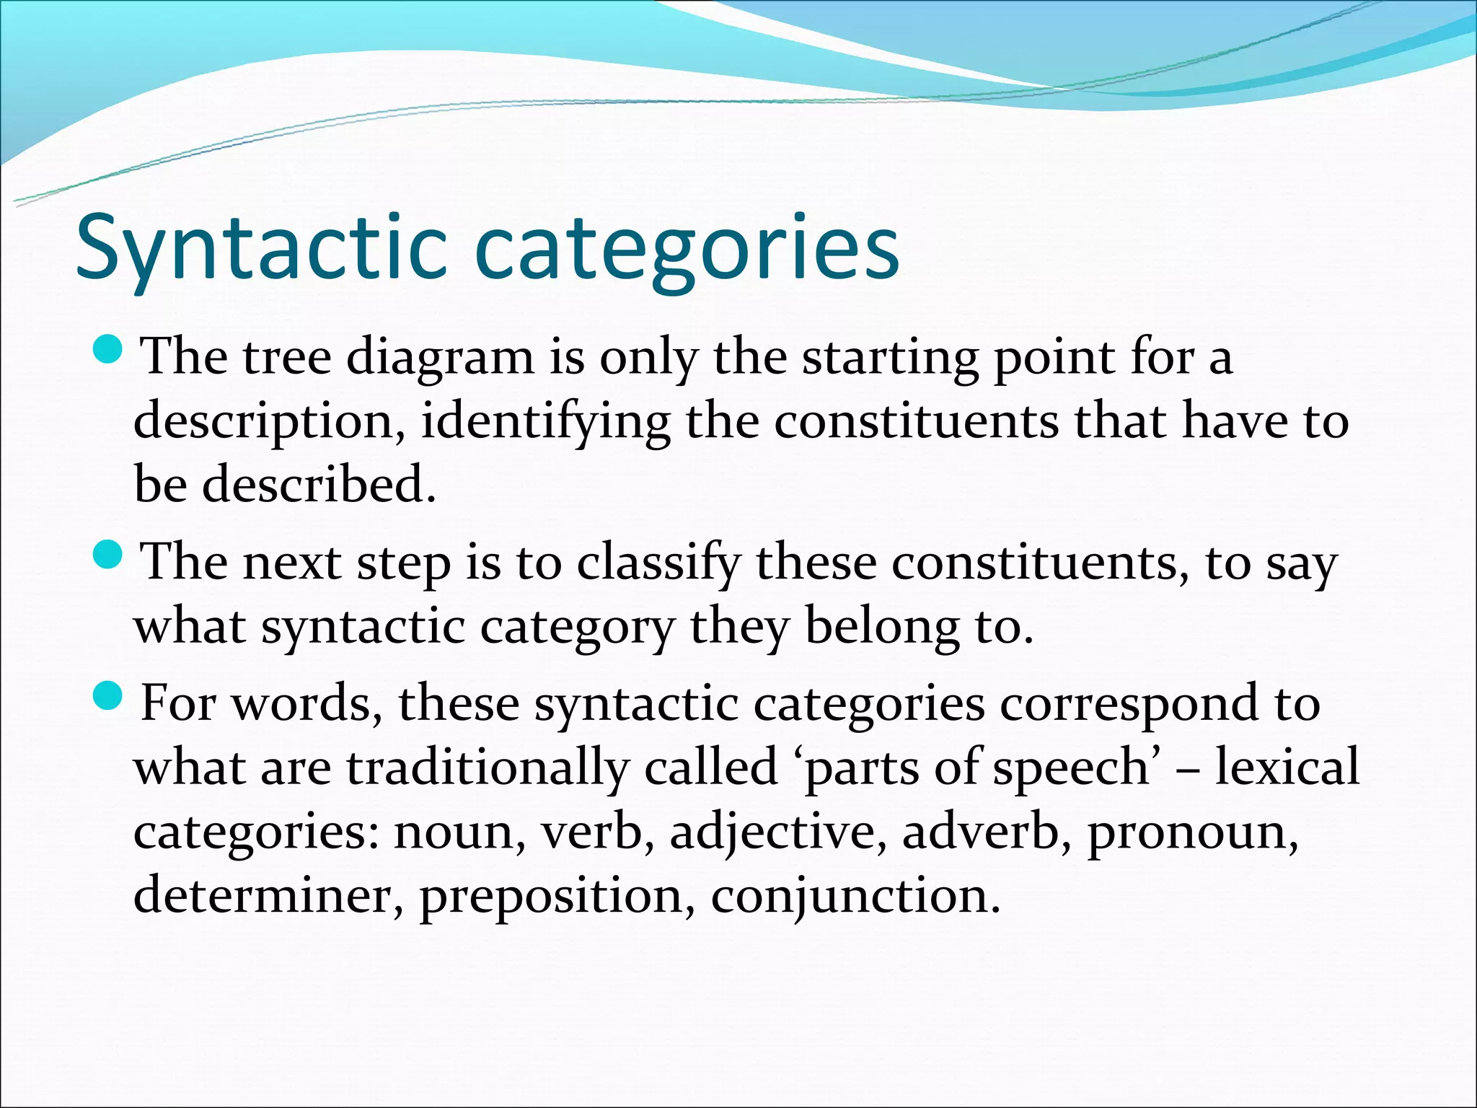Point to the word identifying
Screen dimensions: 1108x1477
(x=545, y=422)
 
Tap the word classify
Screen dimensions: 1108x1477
(x=658, y=563)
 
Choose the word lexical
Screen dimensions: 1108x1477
(x=1287, y=767)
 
